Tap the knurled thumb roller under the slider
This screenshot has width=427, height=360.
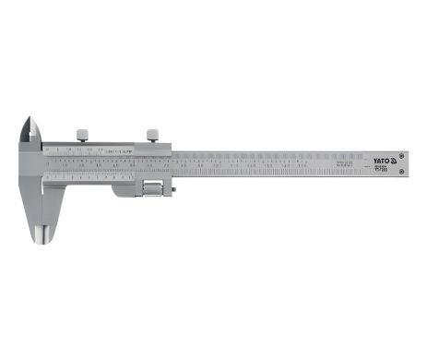coord(150,189)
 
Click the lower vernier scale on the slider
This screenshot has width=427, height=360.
coord(101,175)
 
